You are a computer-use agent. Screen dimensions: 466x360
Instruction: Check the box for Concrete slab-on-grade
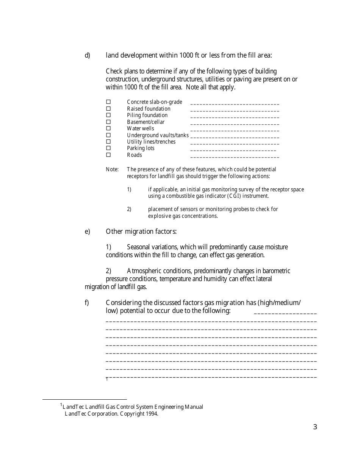(108, 102)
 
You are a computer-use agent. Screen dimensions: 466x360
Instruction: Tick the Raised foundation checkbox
(108, 109)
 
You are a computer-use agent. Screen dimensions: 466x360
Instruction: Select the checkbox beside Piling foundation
(108, 115)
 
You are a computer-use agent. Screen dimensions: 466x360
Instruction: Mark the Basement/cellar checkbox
(108, 122)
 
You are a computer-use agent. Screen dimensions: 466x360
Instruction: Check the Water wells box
(108, 128)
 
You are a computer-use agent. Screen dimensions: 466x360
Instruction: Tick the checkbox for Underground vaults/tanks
(108, 135)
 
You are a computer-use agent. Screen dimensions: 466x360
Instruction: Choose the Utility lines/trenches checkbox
(108, 142)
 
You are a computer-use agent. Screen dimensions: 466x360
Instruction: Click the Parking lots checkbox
(108, 148)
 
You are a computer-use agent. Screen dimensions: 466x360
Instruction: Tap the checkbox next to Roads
(108, 155)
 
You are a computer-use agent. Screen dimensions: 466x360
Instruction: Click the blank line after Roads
(235, 156)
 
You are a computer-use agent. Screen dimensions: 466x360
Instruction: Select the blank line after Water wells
(235, 130)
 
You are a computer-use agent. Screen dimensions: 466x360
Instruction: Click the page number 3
(315, 427)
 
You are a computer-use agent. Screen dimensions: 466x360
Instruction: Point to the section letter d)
(87, 55)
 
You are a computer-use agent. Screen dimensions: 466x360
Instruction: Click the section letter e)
(87, 231)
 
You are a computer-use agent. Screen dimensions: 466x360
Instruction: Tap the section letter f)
(87, 303)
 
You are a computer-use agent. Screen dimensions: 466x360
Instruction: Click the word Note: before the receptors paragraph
(112, 169)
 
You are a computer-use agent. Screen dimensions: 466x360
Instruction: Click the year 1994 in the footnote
(152, 414)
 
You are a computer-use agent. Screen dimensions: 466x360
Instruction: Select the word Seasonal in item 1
(139, 247)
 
